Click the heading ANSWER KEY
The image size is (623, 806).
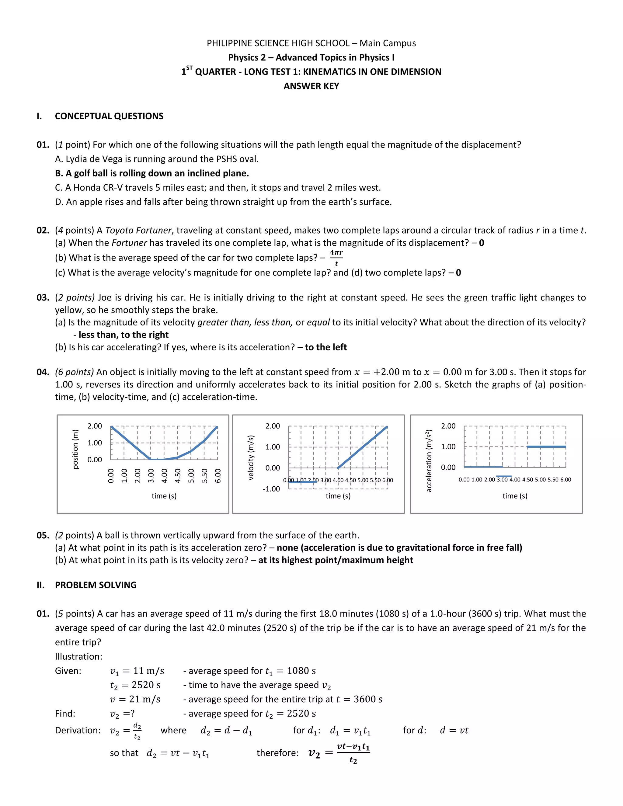click(311, 86)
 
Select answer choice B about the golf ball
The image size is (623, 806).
click(152, 173)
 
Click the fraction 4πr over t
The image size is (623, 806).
click(336, 258)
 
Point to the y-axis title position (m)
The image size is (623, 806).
click(76, 449)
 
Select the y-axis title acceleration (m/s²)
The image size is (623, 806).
click(429, 460)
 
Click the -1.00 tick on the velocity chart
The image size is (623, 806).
click(271, 489)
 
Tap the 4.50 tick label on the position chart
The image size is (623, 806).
click(178, 475)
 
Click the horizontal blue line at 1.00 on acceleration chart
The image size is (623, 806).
click(546, 447)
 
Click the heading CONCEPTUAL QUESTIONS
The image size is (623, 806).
click(109, 116)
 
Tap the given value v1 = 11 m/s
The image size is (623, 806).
click(137, 671)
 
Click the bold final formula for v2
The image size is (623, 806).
click(339, 753)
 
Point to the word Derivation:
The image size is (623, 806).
click(78, 730)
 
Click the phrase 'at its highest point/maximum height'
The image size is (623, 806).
click(336, 560)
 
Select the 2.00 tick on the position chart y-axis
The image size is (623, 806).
click(95, 426)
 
